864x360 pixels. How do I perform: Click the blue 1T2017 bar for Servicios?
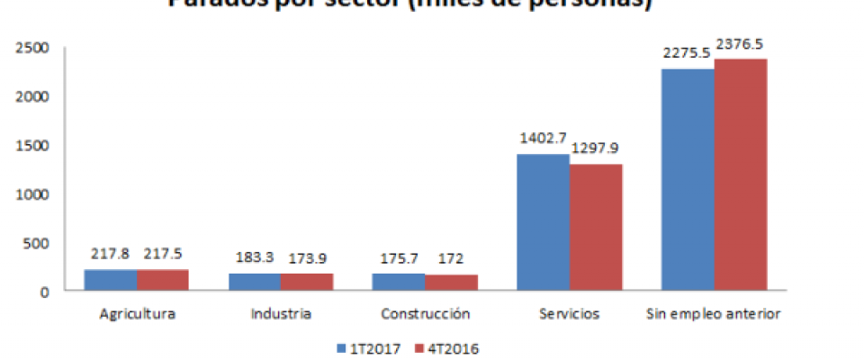click(x=543, y=222)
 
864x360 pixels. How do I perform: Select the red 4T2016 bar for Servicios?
click(x=595, y=228)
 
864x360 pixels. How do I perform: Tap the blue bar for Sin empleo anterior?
click(x=688, y=180)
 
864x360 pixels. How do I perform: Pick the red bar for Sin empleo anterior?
click(x=740, y=175)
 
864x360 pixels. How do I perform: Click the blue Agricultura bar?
click(x=111, y=281)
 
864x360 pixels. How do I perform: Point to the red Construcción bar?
click(x=451, y=283)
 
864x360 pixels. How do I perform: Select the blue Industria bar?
click(x=255, y=283)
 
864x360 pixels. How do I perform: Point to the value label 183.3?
click(x=255, y=257)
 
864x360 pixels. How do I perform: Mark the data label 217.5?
click(x=164, y=255)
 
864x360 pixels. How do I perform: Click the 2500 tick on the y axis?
click(x=31, y=48)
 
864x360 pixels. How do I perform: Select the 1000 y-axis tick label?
click(x=31, y=194)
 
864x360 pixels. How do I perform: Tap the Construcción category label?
click(x=425, y=315)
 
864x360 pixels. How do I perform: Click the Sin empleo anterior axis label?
click(x=713, y=315)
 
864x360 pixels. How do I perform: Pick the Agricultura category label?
click(x=139, y=315)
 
